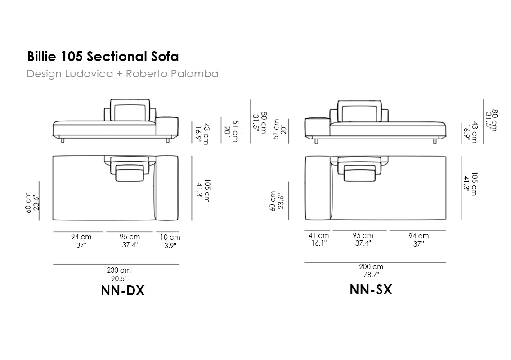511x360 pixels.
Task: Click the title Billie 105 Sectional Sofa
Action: click(x=103, y=56)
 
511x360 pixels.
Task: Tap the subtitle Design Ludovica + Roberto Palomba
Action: click(x=122, y=74)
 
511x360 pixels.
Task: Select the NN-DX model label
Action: click(x=122, y=291)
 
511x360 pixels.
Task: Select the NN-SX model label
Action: click(x=371, y=289)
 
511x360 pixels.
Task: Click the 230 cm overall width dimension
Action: click(x=119, y=274)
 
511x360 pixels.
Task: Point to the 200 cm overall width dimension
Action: click(x=371, y=270)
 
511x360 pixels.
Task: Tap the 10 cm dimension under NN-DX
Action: click(x=170, y=241)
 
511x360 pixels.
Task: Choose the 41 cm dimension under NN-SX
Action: click(x=319, y=239)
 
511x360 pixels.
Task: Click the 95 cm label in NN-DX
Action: click(x=130, y=241)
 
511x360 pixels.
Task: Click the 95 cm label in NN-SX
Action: click(x=363, y=239)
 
